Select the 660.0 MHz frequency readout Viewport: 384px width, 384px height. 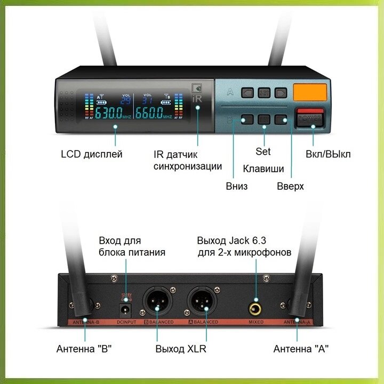point(151,113)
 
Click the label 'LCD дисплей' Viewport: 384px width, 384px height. point(91,154)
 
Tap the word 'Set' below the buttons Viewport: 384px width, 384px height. point(263,151)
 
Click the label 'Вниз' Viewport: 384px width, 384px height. point(237,186)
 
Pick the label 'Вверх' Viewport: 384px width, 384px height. point(290,186)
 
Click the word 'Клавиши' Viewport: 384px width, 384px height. point(263,169)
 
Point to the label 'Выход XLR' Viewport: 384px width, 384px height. point(181,349)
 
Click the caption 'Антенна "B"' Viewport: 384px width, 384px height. point(84,349)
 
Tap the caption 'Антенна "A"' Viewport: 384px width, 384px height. point(301,349)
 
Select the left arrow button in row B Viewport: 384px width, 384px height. point(246,119)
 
